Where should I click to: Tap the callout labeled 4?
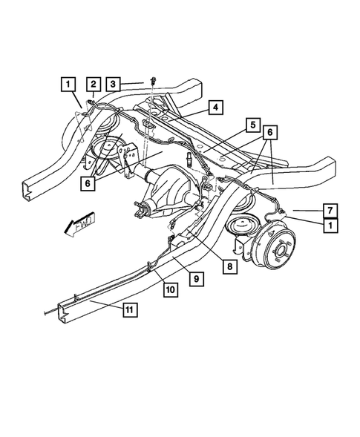pyautogui.click(x=214, y=108)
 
